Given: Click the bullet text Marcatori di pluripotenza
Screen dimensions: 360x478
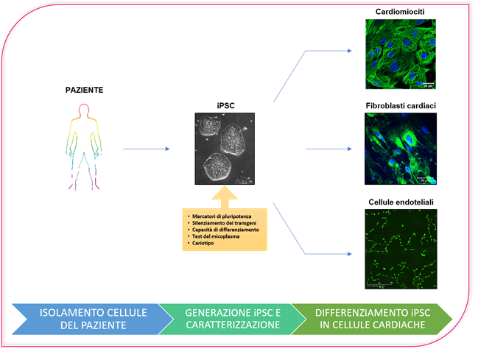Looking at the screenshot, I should click(218, 215).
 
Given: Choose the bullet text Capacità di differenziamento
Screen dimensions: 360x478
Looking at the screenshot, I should click(222, 229).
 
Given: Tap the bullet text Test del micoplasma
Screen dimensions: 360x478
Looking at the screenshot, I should click(213, 236).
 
